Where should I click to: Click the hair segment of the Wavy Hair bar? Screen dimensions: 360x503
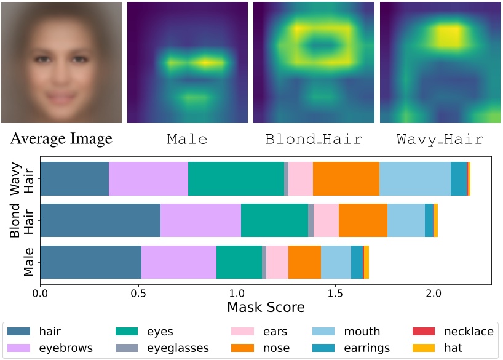click(74, 179)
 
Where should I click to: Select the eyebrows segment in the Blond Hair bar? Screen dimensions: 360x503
click(200, 220)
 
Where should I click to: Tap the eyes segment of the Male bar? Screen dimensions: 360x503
click(239, 262)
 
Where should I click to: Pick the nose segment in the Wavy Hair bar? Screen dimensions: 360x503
click(346, 179)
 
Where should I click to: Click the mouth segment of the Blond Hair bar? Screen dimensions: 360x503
click(406, 220)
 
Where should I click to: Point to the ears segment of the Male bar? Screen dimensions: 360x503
click(277, 262)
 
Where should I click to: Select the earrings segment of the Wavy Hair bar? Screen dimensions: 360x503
click(459, 179)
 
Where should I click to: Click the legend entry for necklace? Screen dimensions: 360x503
click(469, 332)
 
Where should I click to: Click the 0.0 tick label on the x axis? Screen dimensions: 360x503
click(41, 293)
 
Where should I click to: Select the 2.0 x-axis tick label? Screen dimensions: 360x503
click(434, 293)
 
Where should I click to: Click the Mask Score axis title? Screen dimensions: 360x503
click(266, 307)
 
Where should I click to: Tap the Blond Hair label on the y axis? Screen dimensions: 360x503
click(22, 220)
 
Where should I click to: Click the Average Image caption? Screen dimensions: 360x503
click(61, 139)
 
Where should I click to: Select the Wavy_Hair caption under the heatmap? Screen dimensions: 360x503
click(440, 139)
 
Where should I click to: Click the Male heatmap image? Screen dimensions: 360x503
click(188, 62)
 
